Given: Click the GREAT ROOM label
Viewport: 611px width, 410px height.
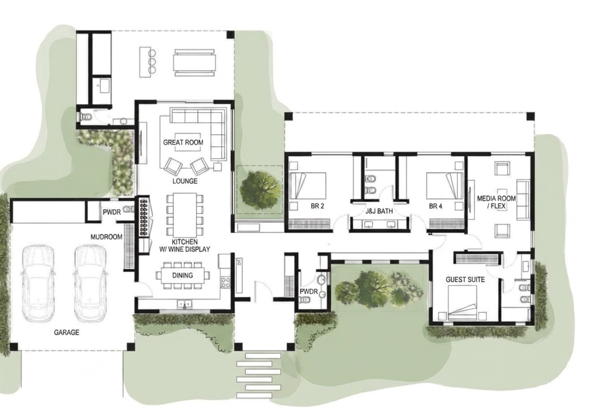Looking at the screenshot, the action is pos(183,143).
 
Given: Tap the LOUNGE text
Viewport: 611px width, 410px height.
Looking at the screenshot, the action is pos(185,181).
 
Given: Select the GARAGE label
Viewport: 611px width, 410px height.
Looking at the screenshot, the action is pos(67,332).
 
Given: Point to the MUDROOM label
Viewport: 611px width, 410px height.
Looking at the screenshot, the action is pos(106,237).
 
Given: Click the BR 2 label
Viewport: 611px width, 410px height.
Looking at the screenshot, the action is pos(318,206).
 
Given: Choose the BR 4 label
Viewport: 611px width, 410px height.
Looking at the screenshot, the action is pos(436,206).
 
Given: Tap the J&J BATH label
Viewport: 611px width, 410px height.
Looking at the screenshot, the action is pos(379,211).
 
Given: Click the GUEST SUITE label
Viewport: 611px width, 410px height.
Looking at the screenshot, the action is pos(466,279).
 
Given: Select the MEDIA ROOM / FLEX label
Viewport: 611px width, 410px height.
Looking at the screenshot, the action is pos(496,202).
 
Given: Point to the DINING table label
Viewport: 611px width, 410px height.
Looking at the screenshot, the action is pos(183,276).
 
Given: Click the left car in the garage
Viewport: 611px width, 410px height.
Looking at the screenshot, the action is pos(38,284).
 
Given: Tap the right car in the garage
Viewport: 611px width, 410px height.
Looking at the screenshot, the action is pos(90,284).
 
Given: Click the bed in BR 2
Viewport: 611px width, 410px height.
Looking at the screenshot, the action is pos(308,186).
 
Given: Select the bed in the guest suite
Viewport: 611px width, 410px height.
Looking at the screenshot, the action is pos(463,303).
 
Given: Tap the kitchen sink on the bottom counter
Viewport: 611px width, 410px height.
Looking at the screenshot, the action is pos(184,304).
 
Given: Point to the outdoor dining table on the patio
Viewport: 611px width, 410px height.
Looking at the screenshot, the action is pos(195,63).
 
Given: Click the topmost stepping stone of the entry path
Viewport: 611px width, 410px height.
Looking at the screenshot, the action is pos(263,356).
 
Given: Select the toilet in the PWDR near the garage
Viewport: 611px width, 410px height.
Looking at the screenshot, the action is pos(129,209).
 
